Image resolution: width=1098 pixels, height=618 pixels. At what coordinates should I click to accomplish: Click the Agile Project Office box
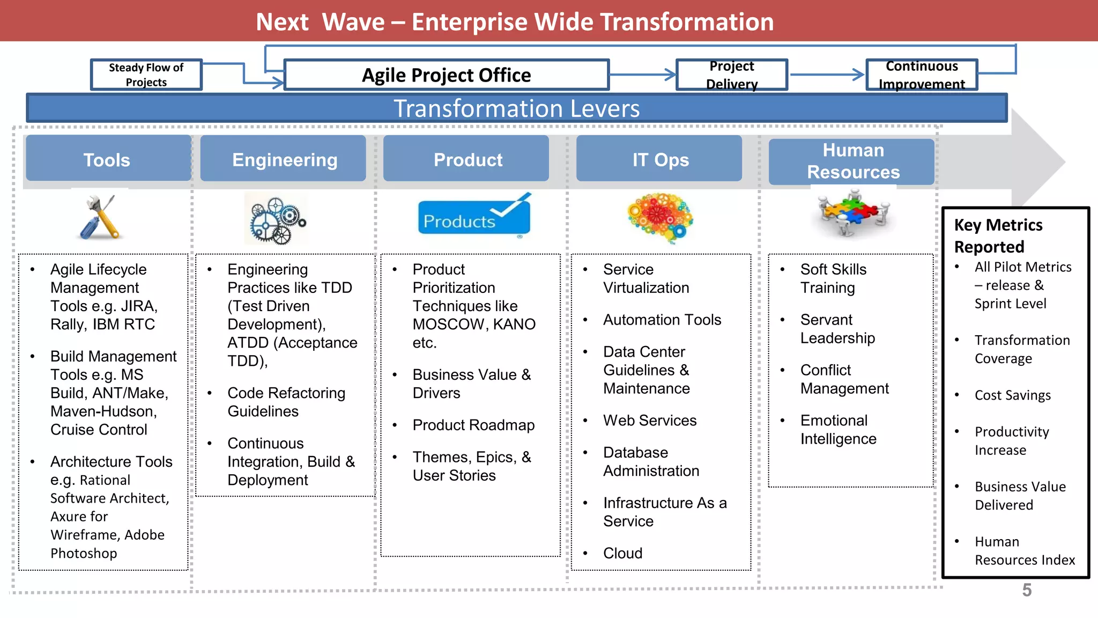pos(446,75)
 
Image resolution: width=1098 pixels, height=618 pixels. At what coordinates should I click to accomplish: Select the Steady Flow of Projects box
pos(146,75)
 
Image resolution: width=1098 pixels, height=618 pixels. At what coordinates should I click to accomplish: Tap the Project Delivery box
pos(732,75)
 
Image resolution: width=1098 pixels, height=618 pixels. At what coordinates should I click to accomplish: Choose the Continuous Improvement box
pos(922,75)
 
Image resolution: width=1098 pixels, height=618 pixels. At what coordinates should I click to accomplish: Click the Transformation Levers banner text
pos(516,108)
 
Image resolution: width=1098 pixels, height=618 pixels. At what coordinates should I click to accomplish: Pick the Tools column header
pos(107,159)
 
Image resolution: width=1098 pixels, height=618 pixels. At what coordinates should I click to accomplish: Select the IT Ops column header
pos(660,159)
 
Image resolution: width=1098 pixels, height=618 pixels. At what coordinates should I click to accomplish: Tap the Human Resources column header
pos(853,161)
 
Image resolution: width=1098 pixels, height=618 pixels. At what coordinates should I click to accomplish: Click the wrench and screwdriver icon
pos(100,217)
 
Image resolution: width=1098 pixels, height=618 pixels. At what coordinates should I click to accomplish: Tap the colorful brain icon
pos(661,217)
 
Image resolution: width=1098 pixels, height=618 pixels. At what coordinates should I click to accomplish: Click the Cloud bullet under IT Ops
pos(622,553)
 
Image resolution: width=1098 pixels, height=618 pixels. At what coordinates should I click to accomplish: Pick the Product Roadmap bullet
pos(473,425)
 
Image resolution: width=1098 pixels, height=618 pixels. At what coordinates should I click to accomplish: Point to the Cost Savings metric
pos(1012,395)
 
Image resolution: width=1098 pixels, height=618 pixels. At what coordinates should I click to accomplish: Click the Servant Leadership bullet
pos(837,329)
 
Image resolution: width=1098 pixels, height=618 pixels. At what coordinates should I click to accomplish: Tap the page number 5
pos(1027,590)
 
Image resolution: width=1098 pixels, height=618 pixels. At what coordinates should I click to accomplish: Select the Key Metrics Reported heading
pos(998,236)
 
